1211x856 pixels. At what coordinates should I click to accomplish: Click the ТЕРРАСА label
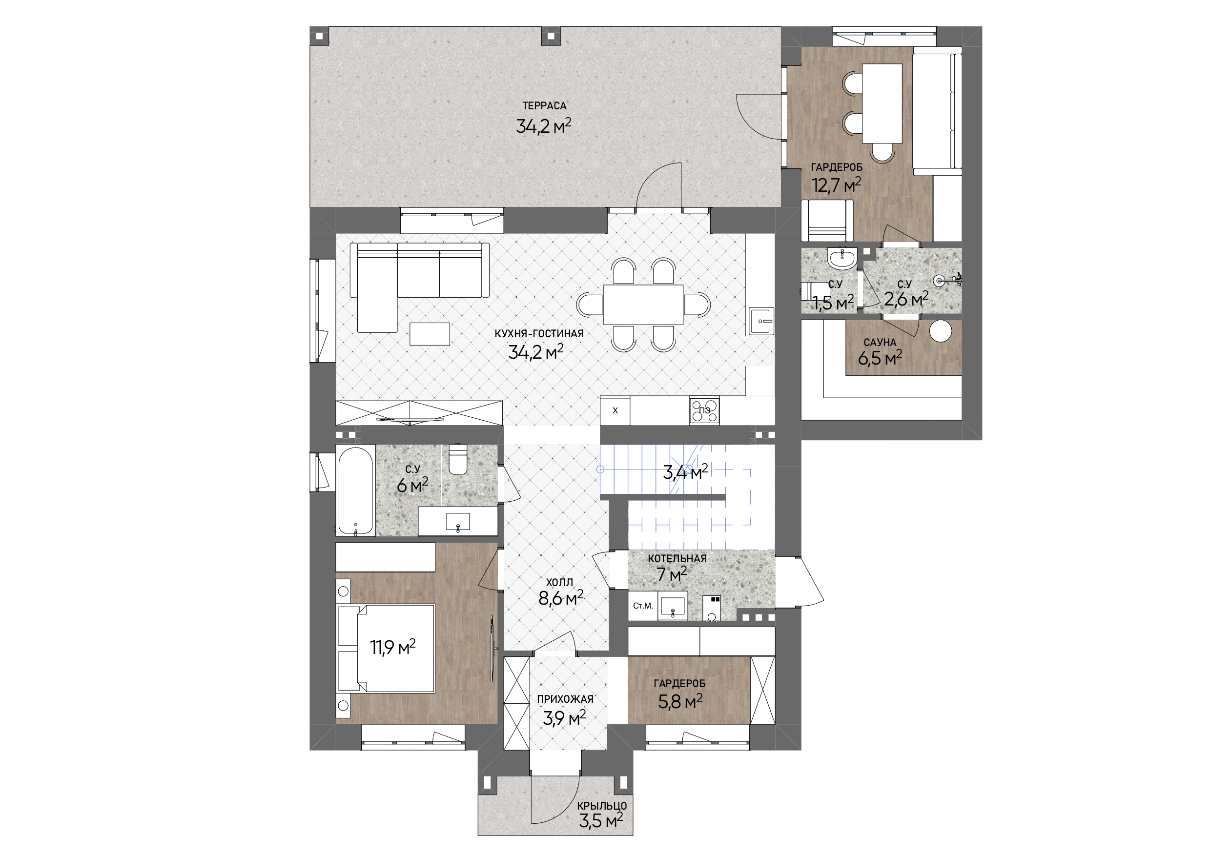[544, 106]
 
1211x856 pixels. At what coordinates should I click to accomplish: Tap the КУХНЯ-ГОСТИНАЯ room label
[538, 334]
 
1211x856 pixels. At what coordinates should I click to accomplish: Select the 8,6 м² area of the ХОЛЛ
[561, 599]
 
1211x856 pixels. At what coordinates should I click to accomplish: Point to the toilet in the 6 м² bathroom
[457, 458]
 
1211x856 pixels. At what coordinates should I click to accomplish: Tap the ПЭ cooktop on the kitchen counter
[704, 410]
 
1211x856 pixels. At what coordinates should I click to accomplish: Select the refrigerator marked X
[615, 411]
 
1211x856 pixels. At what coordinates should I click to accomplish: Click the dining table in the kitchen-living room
[643, 305]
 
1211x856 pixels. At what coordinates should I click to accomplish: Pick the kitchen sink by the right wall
[760, 321]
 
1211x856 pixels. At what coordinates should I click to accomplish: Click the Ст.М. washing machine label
[643, 606]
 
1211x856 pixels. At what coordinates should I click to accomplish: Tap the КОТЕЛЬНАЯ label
[677, 558]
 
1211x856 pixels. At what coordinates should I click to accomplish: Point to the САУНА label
[880, 343]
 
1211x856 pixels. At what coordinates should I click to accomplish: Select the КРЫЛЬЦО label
[602, 806]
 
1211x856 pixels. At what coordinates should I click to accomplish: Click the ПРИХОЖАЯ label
[565, 699]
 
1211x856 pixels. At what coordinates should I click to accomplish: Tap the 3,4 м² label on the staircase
[685, 472]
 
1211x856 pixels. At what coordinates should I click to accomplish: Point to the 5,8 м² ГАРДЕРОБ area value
[680, 702]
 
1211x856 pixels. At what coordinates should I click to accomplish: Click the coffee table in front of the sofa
[430, 334]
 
